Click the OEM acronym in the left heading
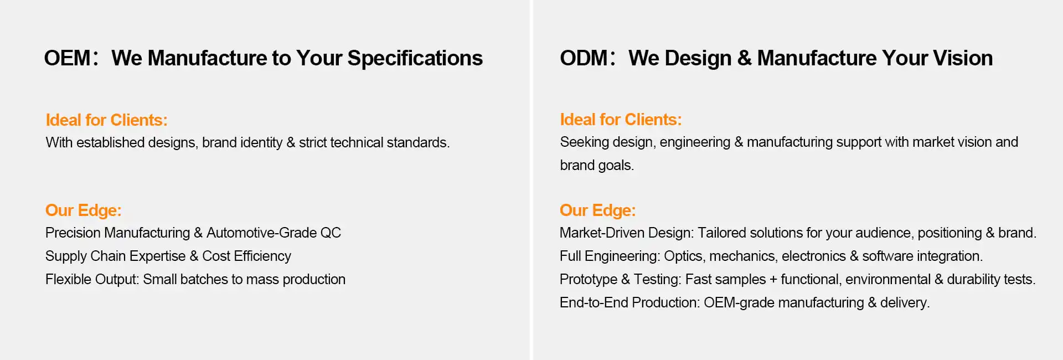[67, 58]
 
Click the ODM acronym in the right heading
[584, 58]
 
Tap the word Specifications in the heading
[415, 59]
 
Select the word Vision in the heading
[963, 58]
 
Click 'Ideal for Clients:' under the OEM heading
[106, 120]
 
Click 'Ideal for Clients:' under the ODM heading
[621, 120]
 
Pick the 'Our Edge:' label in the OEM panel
[83, 210]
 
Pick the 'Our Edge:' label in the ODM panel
[597, 210]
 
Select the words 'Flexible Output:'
[92, 280]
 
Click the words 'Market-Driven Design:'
[627, 233]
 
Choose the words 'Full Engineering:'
[610, 256]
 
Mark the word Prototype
[589, 280]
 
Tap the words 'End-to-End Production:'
[630, 303]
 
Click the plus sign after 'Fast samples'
[773, 280]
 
